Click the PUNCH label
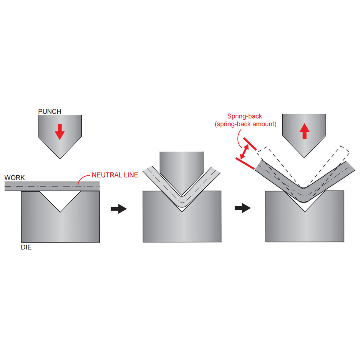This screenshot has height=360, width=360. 49,112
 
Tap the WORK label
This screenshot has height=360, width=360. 14,178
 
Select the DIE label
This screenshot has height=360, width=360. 26,247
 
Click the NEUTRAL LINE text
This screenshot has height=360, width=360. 115,175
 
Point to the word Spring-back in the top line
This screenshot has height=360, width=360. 244,116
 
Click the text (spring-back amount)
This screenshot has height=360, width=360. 245,124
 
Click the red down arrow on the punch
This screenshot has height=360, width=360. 60,132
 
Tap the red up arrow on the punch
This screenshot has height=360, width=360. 304,131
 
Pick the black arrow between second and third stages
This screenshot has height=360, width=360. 242,208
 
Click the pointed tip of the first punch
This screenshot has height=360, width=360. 60,158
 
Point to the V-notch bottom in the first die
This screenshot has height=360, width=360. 60,211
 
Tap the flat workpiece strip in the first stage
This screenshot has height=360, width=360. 30,186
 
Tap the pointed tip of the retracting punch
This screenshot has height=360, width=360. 304,157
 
